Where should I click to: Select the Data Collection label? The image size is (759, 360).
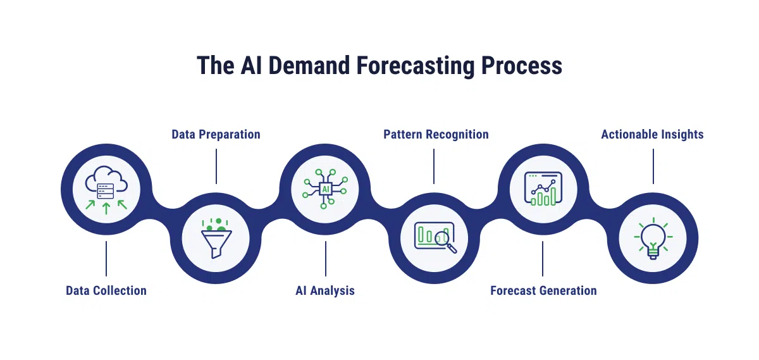(x=106, y=290)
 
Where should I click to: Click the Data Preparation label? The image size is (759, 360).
(x=216, y=134)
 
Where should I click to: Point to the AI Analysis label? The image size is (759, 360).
(x=325, y=290)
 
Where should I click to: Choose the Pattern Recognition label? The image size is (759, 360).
(x=436, y=134)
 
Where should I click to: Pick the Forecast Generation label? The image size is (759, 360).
(x=543, y=290)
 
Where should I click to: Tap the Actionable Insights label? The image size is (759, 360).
(x=652, y=134)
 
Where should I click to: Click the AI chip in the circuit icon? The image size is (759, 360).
(x=326, y=189)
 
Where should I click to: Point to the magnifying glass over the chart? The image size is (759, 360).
(x=447, y=240)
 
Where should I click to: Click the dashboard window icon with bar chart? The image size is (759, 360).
(x=543, y=189)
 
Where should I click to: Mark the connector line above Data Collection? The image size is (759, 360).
(x=106, y=258)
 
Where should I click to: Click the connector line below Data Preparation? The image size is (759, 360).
(x=216, y=166)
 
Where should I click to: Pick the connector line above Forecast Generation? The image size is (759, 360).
(x=543, y=258)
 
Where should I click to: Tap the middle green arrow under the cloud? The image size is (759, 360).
(x=106, y=208)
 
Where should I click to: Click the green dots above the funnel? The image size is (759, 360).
(x=214, y=223)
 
